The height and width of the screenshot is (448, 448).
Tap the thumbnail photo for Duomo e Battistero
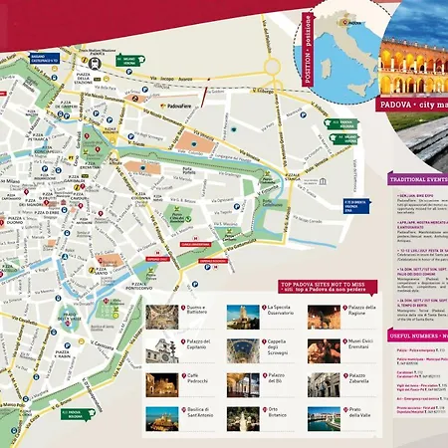161,317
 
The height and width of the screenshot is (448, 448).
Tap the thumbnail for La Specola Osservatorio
242,317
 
